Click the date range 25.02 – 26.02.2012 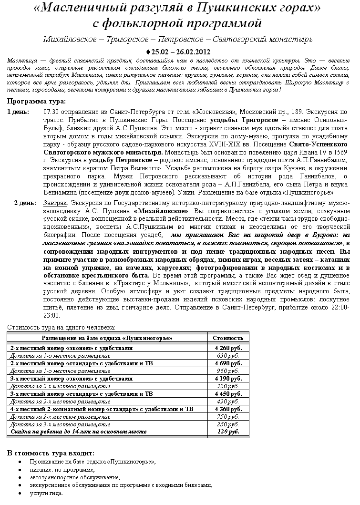[x=180, y=52]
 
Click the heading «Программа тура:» [x=37, y=101]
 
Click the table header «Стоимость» [x=228, y=338]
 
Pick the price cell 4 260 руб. [x=228, y=349]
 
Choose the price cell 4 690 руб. [x=228, y=363]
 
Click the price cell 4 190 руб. [x=228, y=379]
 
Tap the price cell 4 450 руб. [x=228, y=394]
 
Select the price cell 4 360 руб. [x=228, y=409]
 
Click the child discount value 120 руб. [x=228, y=432]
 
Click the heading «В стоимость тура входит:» [x=51, y=453]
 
